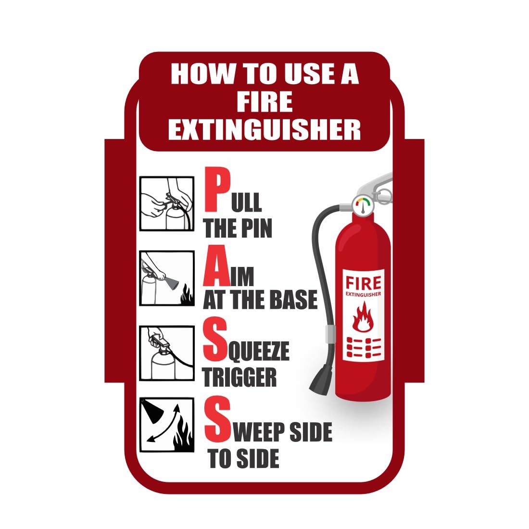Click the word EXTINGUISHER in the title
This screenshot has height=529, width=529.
pyautogui.click(x=264, y=129)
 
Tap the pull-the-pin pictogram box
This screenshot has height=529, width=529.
pyautogui.click(x=167, y=203)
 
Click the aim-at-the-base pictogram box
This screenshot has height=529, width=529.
pyautogui.click(x=167, y=278)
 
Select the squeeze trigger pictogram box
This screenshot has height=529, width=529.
pyautogui.click(x=167, y=353)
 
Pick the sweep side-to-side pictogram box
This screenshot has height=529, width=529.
pyautogui.click(x=167, y=425)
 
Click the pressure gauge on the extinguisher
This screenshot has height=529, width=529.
pyautogui.click(x=364, y=205)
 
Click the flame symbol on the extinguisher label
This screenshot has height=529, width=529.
pyautogui.click(x=364, y=317)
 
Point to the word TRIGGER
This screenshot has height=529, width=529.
pyautogui.click(x=239, y=378)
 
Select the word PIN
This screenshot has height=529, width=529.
pyautogui.click(x=256, y=227)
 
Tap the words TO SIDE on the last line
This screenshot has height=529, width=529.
pyautogui.click(x=243, y=458)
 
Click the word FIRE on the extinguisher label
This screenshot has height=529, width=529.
pyautogui.click(x=364, y=282)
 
